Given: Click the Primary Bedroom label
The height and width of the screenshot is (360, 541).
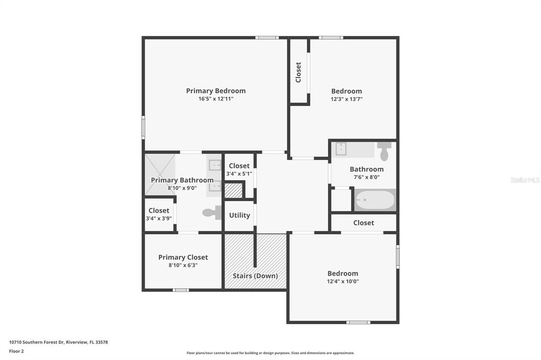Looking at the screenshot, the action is (x=216, y=91).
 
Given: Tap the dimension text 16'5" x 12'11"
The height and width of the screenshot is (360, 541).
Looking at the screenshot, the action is (x=216, y=99).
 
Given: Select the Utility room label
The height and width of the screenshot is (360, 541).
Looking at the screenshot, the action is (x=239, y=215).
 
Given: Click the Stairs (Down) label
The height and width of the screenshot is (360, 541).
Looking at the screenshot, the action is (x=255, y=276).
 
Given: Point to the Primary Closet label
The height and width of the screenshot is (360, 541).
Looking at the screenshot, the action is (x=183, y=257).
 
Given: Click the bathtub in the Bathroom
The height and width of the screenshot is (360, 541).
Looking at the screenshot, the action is (x=375, y=200).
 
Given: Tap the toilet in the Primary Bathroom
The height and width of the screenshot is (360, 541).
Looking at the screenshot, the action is (x=212, y=212).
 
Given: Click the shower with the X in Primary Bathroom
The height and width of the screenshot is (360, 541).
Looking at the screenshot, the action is (x=160, y=175).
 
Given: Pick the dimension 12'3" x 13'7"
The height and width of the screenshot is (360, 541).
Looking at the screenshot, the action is (x=347, y=99).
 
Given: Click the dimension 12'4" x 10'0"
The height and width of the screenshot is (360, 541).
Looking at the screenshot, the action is (x=342, y=281).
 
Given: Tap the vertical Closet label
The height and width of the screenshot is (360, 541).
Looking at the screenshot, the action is (x=299, y=72).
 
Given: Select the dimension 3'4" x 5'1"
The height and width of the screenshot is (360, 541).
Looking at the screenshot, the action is (x=239, y=174).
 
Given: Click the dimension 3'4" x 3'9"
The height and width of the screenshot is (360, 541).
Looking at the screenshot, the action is (x=158, y=219).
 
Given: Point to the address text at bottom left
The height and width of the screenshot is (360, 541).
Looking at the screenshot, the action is (x=58, y=343).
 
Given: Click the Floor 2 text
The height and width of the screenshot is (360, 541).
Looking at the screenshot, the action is (x=16, y=352).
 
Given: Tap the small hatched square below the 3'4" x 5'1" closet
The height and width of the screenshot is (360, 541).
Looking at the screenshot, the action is (x=234, y=191).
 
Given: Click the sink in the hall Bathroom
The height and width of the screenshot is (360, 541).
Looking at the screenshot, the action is (x=341, y=149).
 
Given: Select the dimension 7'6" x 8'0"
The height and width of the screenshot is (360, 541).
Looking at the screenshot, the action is (x=367, y=177).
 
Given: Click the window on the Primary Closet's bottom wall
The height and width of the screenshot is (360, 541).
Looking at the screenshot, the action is (x=181, y=290).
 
